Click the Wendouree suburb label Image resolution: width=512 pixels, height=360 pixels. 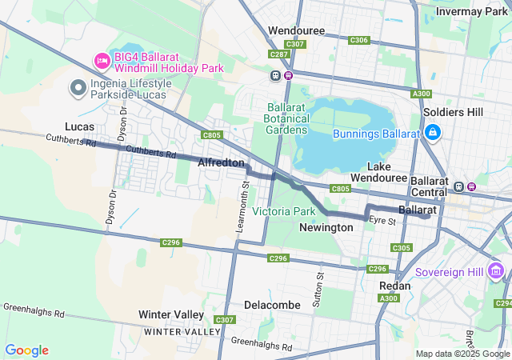point(295,30)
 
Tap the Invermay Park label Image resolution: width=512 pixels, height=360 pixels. point(472,11)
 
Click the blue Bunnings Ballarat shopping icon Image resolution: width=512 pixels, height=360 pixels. point(432,132)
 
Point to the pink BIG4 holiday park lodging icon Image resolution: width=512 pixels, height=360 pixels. point(102,61)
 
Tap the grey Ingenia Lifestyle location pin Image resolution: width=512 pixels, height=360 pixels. point(78,88)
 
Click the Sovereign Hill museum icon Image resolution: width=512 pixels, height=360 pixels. point(497,271)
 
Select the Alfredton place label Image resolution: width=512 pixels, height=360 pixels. point(221,162)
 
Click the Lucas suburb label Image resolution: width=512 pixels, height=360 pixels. point(79,126)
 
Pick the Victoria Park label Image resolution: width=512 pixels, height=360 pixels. point(283,211)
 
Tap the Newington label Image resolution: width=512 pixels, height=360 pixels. point(326,227)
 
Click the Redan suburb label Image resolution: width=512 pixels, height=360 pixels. point(395,286)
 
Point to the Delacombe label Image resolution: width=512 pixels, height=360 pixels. point(272,305)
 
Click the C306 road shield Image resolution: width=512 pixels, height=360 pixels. point(359,40)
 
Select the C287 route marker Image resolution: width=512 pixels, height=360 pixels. point(278,54)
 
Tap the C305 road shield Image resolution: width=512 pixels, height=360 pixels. point(402,249)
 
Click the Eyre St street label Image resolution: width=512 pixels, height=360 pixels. point(382,220)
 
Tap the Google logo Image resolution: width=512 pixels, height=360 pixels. point(26,350)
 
